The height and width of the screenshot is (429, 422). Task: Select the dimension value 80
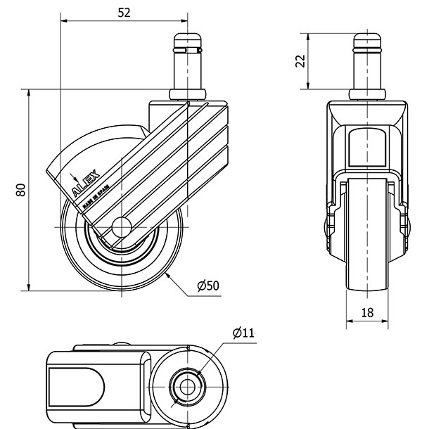20,189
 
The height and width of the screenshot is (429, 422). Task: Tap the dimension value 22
300,61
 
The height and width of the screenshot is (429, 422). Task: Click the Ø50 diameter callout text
209,285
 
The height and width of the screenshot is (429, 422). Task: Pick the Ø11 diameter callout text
243,332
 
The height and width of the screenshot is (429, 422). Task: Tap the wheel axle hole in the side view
121,227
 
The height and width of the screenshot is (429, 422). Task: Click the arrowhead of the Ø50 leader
169,276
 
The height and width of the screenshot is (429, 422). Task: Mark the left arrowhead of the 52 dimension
64,21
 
